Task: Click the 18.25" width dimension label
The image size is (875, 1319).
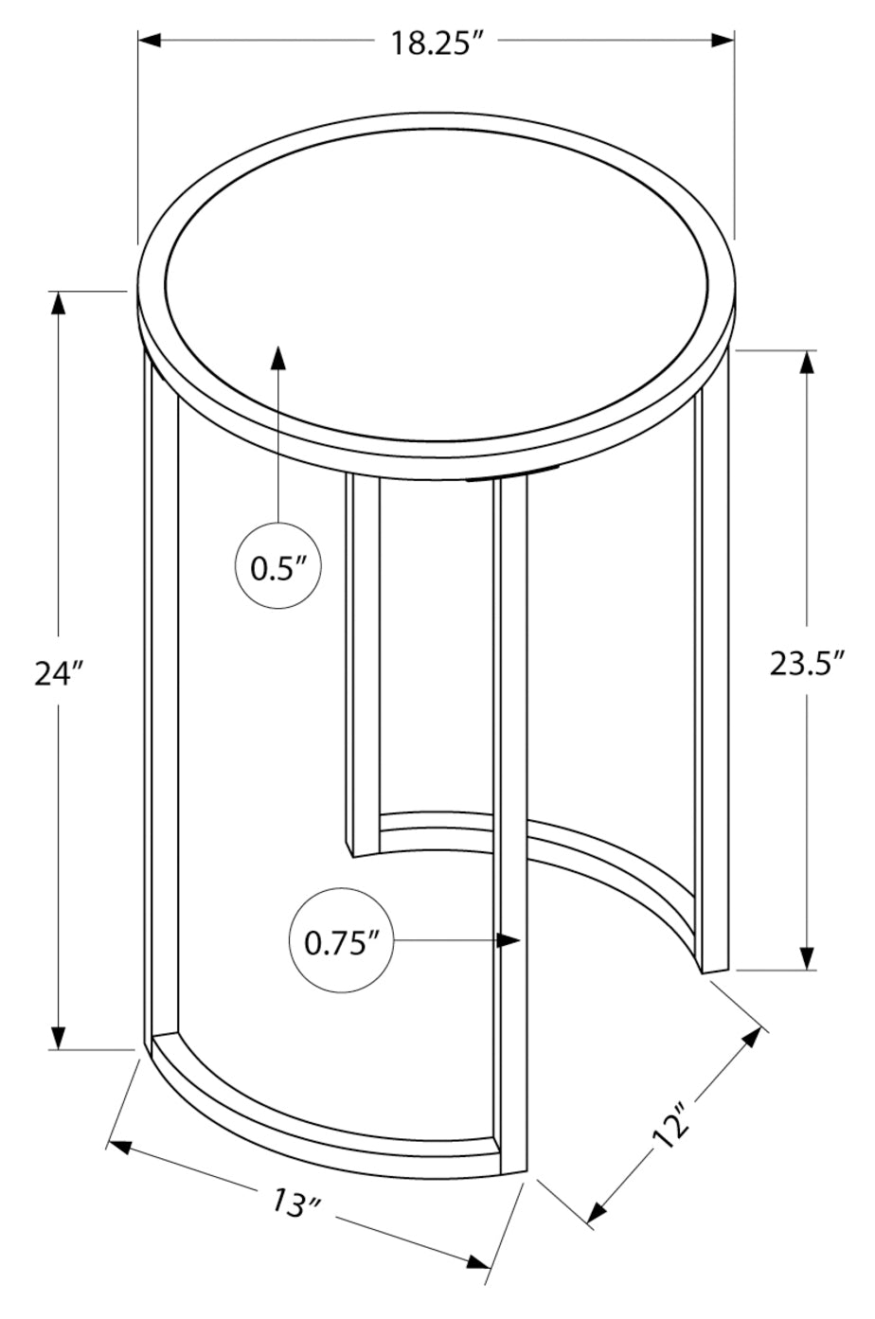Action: point(437,43)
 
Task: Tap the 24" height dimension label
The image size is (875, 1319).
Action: point(59,674)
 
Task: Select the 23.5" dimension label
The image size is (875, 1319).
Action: point(807,664)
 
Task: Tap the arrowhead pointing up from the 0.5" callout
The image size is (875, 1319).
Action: point(279,357)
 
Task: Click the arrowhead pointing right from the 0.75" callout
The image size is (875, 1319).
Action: point(510,940)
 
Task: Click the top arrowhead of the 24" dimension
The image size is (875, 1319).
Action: point(59,303)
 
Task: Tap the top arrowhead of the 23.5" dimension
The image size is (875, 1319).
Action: point(807,362)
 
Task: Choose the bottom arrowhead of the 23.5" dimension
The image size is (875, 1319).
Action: point(807,958)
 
